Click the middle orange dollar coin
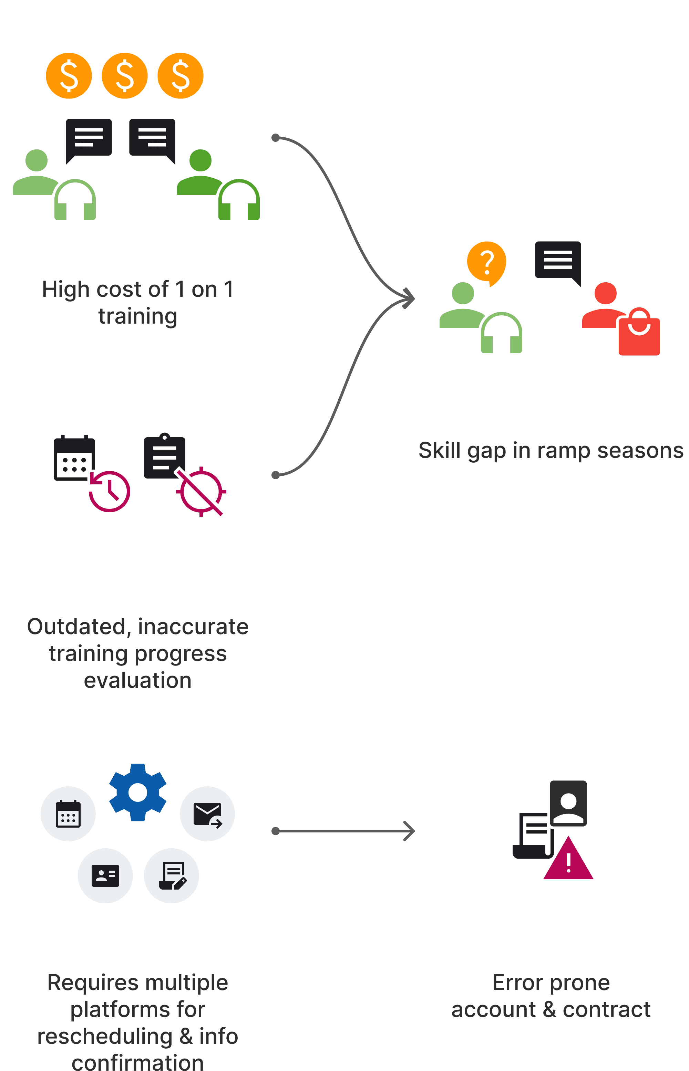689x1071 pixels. (124, 75)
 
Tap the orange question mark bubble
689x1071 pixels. (487, 262)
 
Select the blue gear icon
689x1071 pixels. (138, 792)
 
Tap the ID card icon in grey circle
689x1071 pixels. (105, 875)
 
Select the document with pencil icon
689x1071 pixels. (172, 875)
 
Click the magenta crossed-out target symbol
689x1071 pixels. (201, 492)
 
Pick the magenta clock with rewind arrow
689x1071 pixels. (110, 491)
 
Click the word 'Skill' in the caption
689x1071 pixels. (439, 451)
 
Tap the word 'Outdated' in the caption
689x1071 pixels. (76, 627)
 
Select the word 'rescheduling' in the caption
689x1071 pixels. (105, 1036)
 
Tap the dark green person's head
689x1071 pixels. (200, 160)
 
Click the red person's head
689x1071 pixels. (605, 293)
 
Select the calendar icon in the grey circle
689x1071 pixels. (68, 813)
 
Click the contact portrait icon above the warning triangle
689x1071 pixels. (568, 803)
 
